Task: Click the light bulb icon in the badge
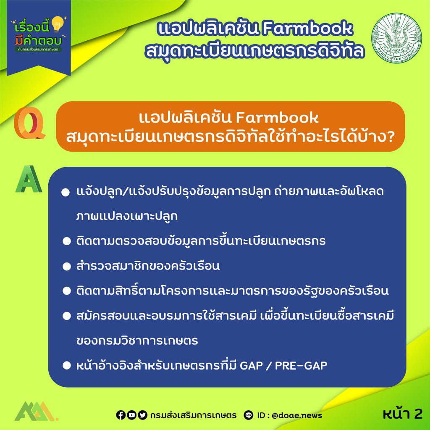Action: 57,24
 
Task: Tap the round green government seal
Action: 396,37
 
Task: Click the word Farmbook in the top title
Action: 307,28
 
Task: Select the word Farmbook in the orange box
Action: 277,118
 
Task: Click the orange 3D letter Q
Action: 29,123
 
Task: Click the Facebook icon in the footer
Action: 121,415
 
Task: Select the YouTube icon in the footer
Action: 131,415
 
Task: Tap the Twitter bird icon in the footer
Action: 142,415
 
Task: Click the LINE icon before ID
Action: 249,415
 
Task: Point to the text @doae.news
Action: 297,415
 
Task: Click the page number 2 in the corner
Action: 418,414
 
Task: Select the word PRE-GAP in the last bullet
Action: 301,366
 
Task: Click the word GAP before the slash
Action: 251,366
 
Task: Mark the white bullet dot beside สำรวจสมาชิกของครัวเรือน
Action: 67,266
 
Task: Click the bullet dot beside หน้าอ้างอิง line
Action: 67,366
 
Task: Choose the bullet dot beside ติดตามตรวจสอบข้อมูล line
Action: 67,241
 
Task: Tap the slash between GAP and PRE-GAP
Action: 269,366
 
